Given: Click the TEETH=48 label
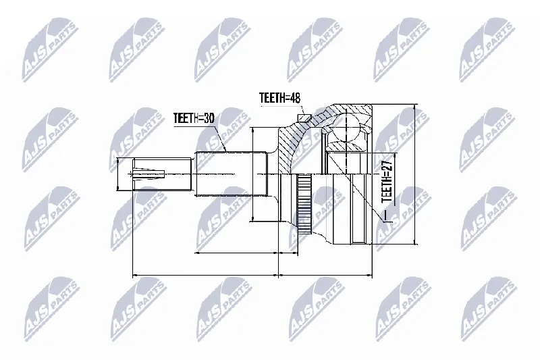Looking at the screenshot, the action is coord(279,98).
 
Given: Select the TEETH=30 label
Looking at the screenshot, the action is coord(194,118).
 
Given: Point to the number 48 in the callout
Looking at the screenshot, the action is coord(295,98).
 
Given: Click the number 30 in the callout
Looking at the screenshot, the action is coord(209,118).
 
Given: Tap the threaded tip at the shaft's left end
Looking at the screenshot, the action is coord(162,174).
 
